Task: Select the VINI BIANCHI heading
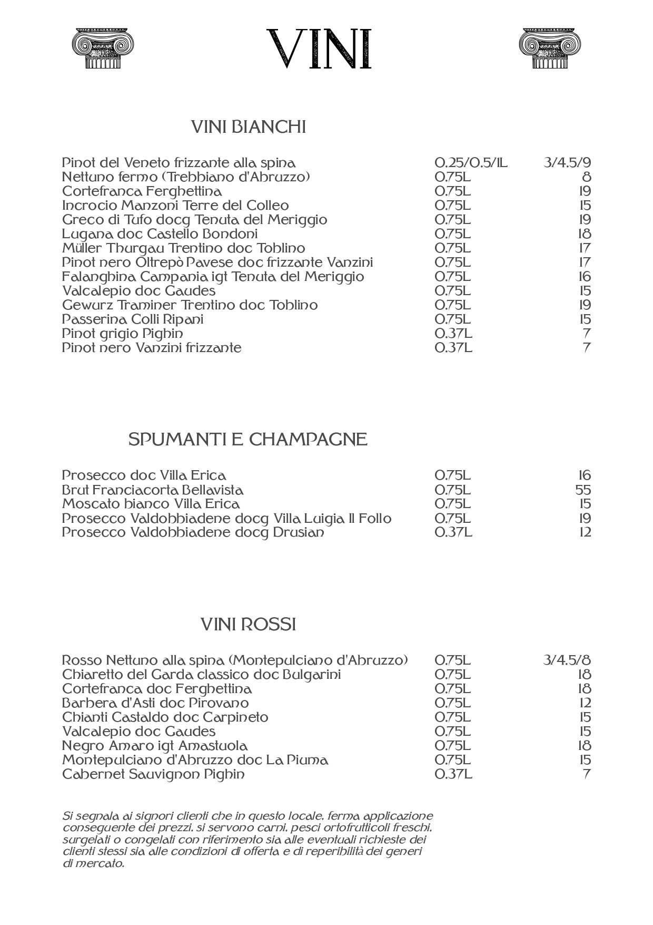(248, 127)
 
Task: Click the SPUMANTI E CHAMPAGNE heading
(248, 439)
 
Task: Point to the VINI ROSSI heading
(248, 625)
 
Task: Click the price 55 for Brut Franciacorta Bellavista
(583, 490)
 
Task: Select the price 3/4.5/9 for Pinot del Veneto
(567, 162)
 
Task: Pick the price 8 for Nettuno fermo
(587, 177)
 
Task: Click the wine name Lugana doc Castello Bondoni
(160, 234)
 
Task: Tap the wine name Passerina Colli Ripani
(132, 319)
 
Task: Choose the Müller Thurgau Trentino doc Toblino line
(183, 248)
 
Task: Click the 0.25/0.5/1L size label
(471, 162)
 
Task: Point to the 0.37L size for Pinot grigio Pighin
(453, 334)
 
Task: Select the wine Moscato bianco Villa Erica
(151, 504)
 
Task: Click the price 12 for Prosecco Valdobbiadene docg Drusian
(585, 532)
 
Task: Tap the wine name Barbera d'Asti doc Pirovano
(155, 703)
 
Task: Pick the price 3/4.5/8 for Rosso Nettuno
(567, 660)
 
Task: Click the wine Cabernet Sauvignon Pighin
(153, 774)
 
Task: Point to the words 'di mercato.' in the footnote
(93, 864)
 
